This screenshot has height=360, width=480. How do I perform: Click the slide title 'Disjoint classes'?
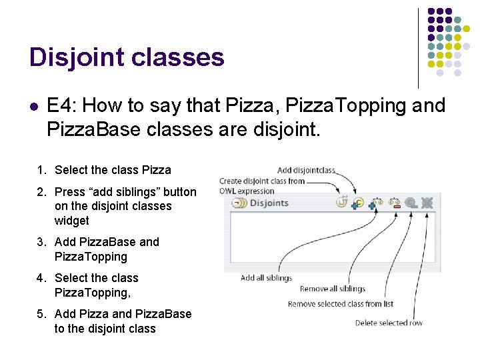[127, 57]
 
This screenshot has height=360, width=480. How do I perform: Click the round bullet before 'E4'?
[34, 106]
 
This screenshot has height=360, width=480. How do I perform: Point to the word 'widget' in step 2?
[71, 221]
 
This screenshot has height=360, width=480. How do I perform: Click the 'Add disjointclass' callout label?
[307, 171]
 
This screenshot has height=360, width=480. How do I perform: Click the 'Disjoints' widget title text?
[269, 203]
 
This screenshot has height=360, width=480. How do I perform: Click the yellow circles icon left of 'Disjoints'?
[239, 203]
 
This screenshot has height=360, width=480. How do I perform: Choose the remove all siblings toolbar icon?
[394, 203]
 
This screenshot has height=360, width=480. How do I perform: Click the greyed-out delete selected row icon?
[427, 203]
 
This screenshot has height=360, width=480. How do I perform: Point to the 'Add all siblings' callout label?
[266, 278]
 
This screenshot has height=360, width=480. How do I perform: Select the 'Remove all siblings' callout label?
[332, 289]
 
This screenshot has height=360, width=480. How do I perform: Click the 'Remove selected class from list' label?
[340, 304]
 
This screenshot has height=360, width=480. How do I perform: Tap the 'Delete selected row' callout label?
[389, 323]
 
